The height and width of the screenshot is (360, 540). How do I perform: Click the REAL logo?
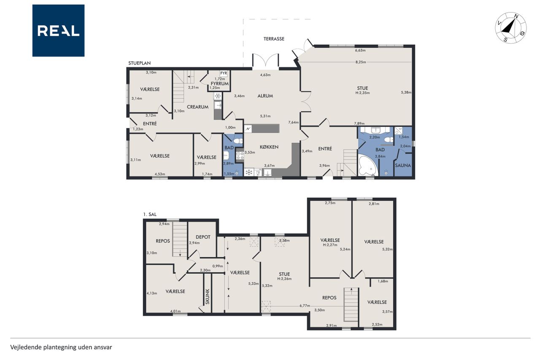(58, 31)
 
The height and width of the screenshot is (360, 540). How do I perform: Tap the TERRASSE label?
(274, 39)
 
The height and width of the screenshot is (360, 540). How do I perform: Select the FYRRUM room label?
(220, 84)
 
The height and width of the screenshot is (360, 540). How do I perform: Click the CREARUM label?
(198, 107)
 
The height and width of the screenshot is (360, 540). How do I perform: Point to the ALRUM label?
(265, 96)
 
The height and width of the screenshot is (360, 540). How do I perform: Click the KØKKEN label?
(269, 147)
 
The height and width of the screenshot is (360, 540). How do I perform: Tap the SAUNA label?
(403, 165)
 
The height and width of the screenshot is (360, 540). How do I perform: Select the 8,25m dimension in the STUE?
(361, 62)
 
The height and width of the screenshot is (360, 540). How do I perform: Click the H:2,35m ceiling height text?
(362, 92)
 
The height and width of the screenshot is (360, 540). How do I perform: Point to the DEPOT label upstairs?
(203, 237)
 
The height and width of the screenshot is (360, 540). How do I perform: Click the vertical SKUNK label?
(208, 296)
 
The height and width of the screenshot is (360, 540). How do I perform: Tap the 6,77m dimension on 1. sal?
(305, 306)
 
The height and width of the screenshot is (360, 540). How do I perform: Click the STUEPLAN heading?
(139, 63)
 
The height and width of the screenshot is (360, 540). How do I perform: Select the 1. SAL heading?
(150, 214)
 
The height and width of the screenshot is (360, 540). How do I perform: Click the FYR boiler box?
(224, 73)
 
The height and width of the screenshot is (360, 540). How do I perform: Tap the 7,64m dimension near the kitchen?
(293, 122)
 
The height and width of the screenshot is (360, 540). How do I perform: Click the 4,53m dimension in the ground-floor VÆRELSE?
(160, 174)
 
